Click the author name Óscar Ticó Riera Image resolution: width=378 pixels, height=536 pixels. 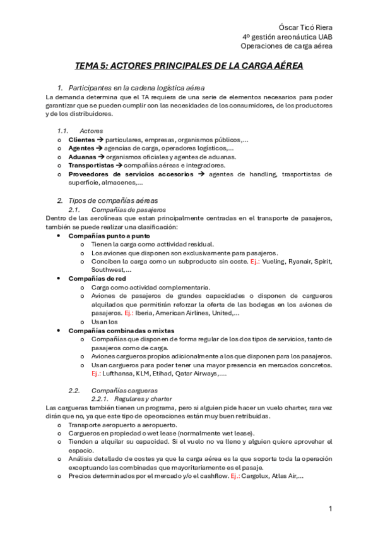coord(305,28)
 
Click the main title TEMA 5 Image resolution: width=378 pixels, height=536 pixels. coord(189,66)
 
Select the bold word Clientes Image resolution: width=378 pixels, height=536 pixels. coord(81,139)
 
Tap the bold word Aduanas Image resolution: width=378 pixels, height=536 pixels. coord(82,157)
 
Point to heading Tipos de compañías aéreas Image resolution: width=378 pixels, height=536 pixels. coord(113,200)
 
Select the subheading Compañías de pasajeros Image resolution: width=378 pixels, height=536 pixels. coord(128,209)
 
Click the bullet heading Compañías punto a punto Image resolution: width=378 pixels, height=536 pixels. coord(109,235)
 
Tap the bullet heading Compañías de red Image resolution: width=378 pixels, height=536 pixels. coord(95,278)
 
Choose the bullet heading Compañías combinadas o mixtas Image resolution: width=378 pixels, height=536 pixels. coord(121,330)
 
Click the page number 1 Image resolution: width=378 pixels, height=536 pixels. coord(329,508)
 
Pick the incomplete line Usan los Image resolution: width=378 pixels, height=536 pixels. coord(105,321)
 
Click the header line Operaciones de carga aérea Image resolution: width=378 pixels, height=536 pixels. coord(287,46)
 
